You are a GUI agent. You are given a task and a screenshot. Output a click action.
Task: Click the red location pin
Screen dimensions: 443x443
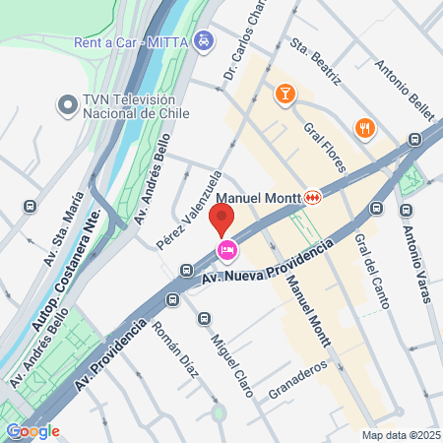click(223, 220)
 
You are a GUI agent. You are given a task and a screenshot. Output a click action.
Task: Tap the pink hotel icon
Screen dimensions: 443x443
click(225, 250)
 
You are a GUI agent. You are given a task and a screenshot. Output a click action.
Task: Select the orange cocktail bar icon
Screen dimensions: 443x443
click(284, 94)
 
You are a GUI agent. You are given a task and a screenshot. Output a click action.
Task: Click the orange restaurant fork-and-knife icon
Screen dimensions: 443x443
click(364, 128)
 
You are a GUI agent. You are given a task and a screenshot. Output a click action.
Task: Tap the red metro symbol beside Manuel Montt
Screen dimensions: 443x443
click(312, 197)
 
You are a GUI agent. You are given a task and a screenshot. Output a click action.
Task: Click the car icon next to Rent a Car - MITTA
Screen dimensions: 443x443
click(203, 41)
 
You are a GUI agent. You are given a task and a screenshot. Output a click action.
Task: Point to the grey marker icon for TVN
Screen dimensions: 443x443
click(68, 104)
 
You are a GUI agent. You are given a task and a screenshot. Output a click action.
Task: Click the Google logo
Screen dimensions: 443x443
click(32, 430)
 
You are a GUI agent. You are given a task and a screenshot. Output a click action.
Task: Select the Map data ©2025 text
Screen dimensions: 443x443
click(401, 434)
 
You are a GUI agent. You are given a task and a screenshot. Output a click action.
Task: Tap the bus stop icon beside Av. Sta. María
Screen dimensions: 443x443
click(31, 208)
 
